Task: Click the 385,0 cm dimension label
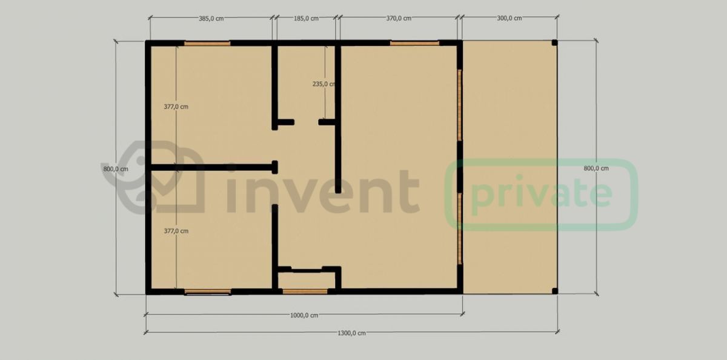click(x=211, y=19)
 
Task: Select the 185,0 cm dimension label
click(x=306, y=19)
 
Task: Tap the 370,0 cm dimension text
click(x=399, y=19)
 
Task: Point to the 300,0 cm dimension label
click(x=510, y=19)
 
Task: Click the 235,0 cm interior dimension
click(x=324, y=84)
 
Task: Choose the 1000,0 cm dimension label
click(x=304, y=315)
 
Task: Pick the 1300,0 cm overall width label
click(x=351, y=333)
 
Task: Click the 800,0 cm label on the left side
click(x=116, y=169)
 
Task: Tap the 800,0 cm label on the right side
click(x=596, y=168)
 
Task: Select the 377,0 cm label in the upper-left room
click(x=176, y=107)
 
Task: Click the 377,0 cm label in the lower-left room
click(x=176, y=231)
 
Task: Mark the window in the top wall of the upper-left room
click(x=207, y=43)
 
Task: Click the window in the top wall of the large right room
click(x=414, y=43)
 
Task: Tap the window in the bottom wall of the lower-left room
click(x=208, y=292)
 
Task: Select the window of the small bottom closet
click(x=305, y=292)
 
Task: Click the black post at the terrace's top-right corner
click(x=555, y=42)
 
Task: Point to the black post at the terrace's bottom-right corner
click(x=555, y=291)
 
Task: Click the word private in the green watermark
click(x=542, y=194)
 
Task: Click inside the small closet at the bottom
click(x=307, y=281)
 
